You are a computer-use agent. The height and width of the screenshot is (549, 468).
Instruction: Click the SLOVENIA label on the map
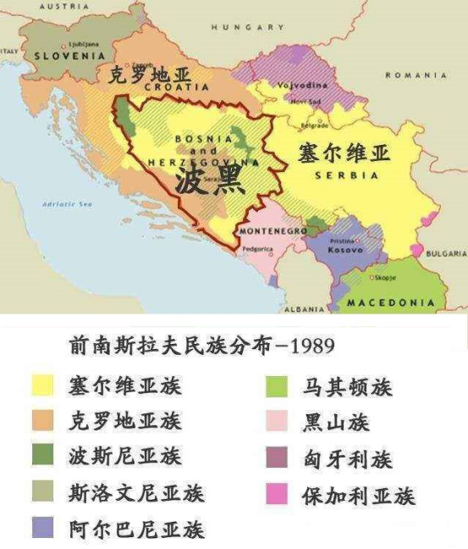(69, 56)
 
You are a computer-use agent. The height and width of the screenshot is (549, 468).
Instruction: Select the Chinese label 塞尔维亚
(344, 153)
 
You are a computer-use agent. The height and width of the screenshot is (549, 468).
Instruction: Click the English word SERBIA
(346, 175)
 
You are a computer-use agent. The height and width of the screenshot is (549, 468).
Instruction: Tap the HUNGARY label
(248, 27)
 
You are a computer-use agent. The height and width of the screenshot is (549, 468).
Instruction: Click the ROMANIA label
(416, 75)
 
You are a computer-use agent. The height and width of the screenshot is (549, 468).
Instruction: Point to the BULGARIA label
(447, 253)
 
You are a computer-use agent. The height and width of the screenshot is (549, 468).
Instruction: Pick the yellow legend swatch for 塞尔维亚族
(42, 385)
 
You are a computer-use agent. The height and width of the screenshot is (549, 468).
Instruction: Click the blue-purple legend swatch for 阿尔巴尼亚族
(42, 529)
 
